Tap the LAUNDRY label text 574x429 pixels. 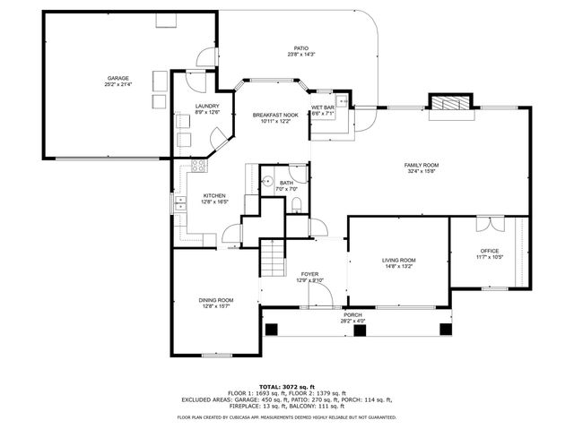click(x=207, y=107)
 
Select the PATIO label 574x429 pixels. click(x=301, y=48)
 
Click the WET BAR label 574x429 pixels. click(x=322, y=107)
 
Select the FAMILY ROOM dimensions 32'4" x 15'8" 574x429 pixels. click(x=421, y=172)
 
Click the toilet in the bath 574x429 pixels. click(x=297, y=205)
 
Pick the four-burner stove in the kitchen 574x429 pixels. click(x=198, y=166)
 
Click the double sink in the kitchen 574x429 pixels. click(x=180, y=202)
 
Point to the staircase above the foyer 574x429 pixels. click(x=273, y=257)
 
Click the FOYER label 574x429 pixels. click(x=309, y=274)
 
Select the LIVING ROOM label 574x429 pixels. click(x=399, y=260)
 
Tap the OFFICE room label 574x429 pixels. click(x=490, y=251)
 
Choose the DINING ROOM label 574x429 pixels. click(x=216, y=300)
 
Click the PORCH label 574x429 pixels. click(x=352, y=314)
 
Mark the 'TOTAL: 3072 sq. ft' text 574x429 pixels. click(x=286, y=386)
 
